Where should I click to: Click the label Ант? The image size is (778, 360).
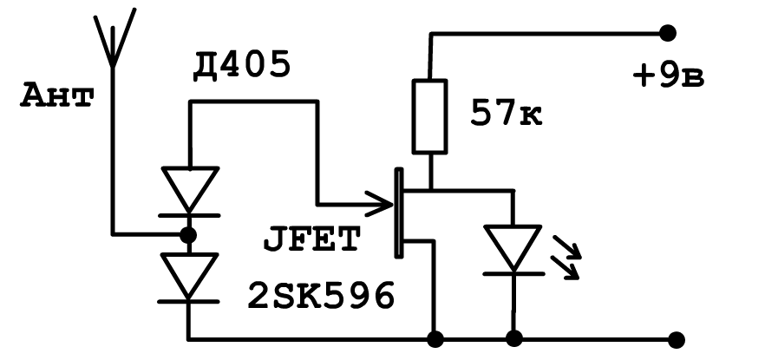[x=57, y=96]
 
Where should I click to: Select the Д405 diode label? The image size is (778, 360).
[x=242, y=66]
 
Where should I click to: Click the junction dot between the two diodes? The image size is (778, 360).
[x=188, y=235]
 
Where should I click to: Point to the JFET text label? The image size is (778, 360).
[x=311, y=239]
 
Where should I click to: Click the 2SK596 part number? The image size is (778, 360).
[x=321, y=296]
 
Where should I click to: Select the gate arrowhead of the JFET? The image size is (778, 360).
[x=380, y=204]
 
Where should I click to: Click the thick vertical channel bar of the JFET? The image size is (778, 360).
[x=398, y=213]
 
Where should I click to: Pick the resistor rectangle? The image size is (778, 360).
[x=429, y=116]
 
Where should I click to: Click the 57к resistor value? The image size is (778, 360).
[x=507, y=114]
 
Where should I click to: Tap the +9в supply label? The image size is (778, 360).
[x=669, y=77]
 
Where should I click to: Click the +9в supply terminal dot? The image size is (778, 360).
[x=668, y=33]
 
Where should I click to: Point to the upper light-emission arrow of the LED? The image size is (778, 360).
[x=567, y=247]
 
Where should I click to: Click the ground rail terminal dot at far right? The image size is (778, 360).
[x=677, y=340]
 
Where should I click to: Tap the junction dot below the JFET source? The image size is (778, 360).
[x=435, y=339]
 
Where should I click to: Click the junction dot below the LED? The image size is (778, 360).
[x=513, y=339]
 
